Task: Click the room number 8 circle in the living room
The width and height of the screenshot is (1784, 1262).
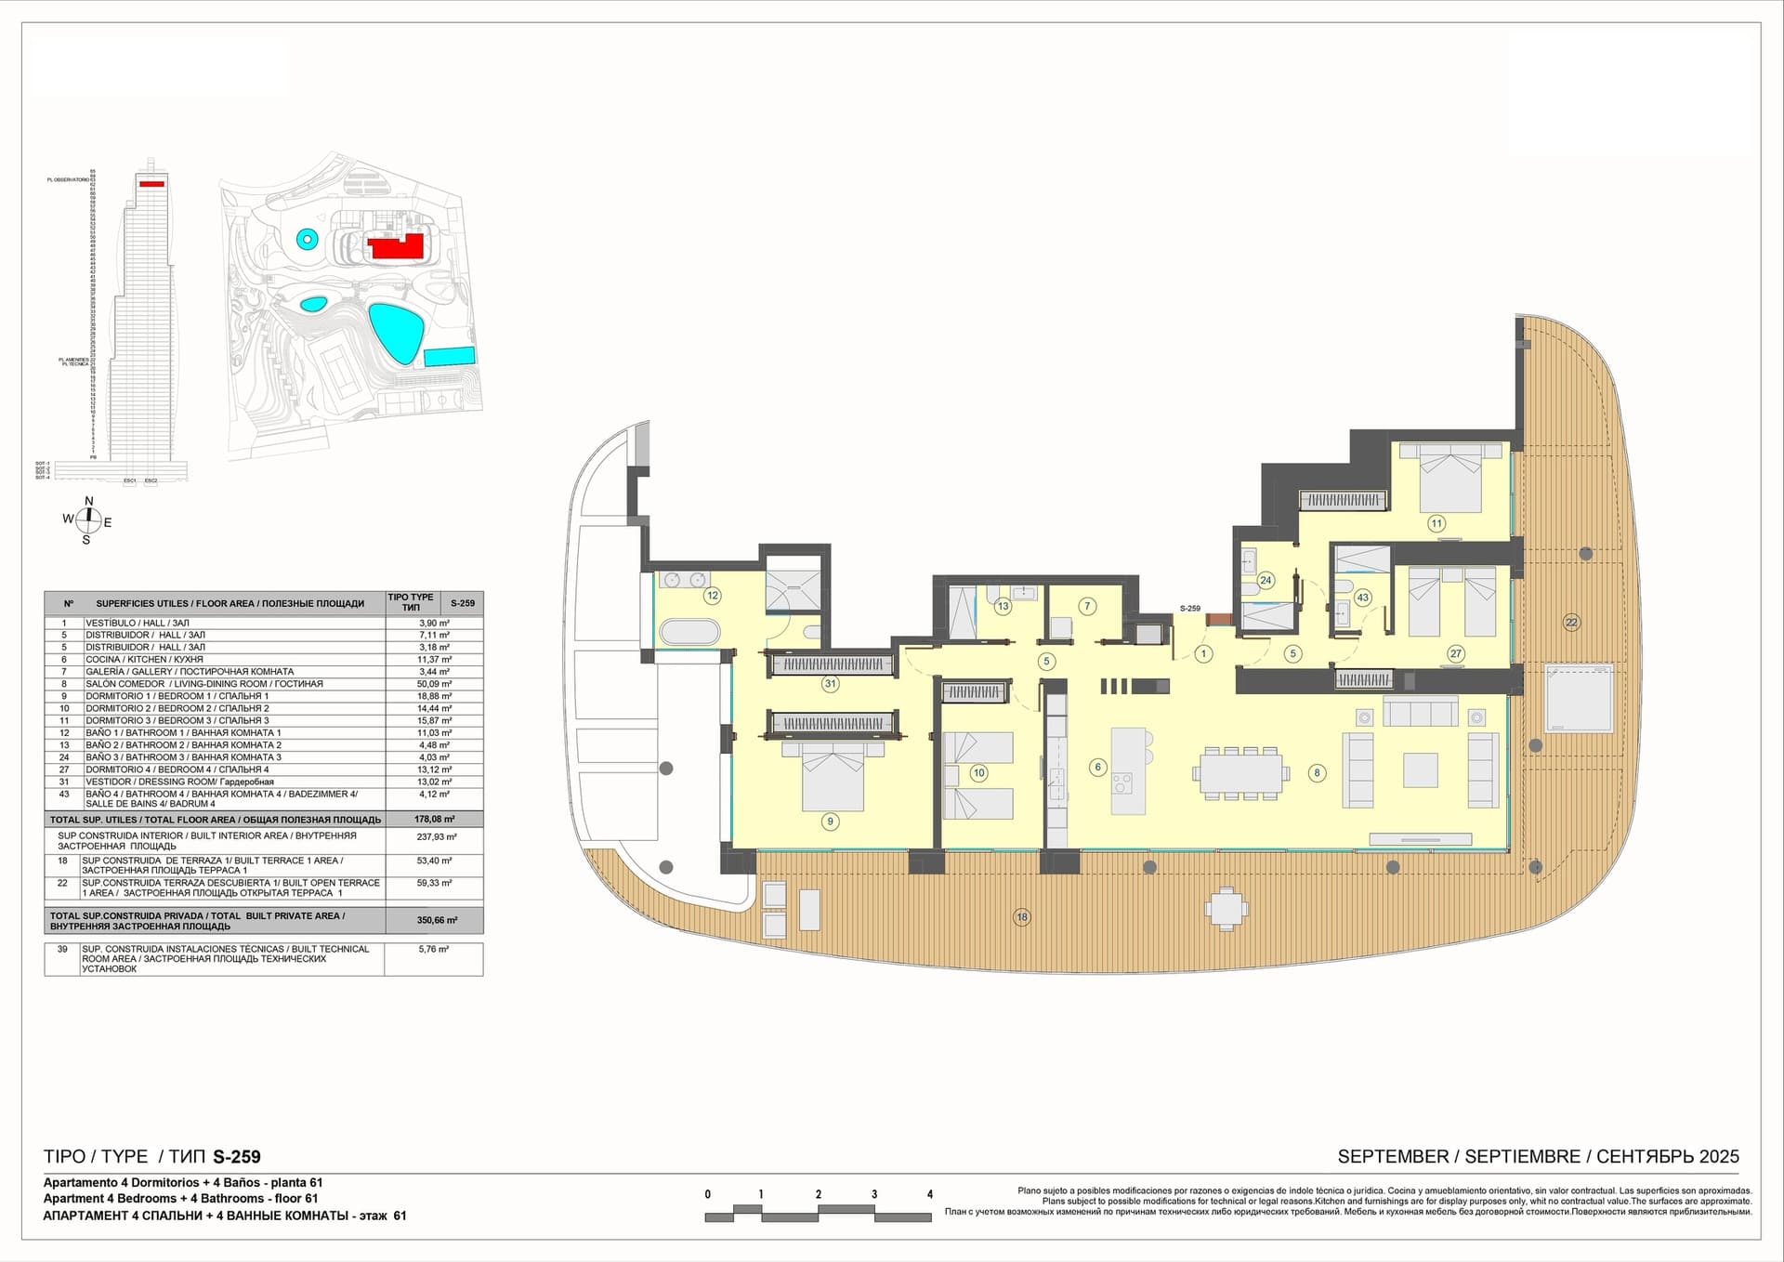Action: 1316,772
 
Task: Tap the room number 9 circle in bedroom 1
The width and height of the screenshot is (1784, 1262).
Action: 831,822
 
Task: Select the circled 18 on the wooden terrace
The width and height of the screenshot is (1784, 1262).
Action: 1022,917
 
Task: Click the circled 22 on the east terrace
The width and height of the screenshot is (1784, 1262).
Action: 1571,623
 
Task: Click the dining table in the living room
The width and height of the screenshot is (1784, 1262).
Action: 1241,772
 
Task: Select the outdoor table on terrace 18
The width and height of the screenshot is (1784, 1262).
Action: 1227,907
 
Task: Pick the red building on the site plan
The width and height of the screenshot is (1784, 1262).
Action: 397,247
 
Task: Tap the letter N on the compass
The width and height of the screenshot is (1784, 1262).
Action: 89,502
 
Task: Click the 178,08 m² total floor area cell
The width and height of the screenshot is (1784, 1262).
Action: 434,820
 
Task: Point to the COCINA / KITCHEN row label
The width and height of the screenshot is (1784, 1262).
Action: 144,660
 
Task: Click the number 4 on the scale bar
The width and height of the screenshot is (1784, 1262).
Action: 929,1194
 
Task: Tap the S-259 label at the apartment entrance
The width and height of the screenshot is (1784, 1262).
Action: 1189,609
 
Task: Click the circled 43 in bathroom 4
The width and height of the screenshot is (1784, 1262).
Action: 1362,598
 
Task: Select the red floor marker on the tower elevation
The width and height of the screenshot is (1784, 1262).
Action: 151,184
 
